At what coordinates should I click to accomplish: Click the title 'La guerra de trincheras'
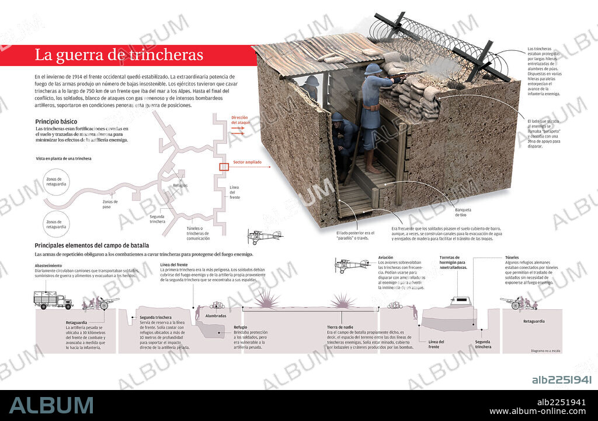coord(119,56)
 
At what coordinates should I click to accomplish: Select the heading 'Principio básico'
coord(58,122)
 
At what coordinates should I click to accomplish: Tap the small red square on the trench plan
coord(224,167)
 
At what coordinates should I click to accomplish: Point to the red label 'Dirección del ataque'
coord(240,120)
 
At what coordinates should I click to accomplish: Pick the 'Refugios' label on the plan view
coord(180,186)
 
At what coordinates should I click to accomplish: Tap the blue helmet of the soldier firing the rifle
coord(373,69)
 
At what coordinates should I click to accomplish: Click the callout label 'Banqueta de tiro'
coord(463,212)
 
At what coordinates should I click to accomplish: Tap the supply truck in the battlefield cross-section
coord(53,301)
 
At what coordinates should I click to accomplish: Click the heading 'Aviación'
coord(386,257)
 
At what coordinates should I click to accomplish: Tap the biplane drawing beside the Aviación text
coord(351,266)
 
